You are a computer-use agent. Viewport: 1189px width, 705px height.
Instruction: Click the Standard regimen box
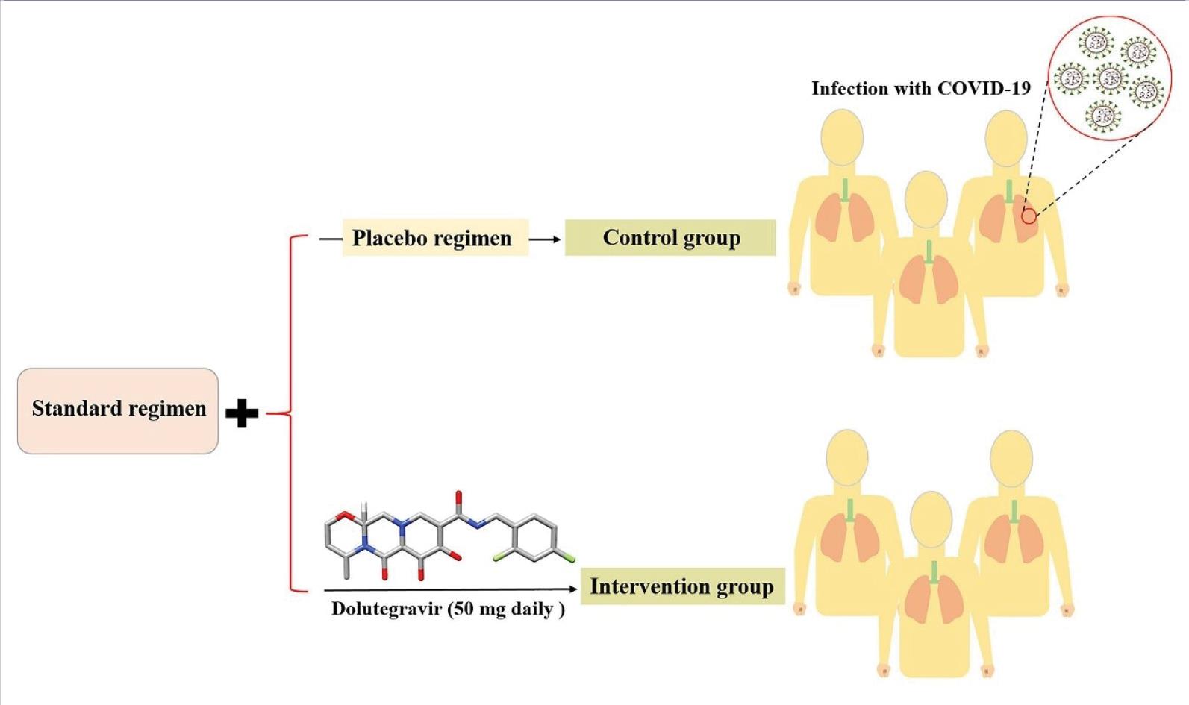point(118,410)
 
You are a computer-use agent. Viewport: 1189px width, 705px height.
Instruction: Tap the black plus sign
point(242,413)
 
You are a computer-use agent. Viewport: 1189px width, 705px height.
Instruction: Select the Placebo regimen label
point(433,238)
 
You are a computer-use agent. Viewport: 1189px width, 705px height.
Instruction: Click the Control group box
point(670,238)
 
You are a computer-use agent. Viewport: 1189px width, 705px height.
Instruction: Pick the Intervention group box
point(682,586)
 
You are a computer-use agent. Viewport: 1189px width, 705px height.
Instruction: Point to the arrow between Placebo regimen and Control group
point(546,239)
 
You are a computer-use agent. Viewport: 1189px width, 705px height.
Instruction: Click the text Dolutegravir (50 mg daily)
point(448,609)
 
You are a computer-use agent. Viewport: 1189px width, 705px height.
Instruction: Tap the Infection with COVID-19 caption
point(920,89)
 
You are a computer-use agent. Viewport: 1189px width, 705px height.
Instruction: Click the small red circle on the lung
point(1029,216)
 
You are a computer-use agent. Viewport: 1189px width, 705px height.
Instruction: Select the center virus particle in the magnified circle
point(1109,78)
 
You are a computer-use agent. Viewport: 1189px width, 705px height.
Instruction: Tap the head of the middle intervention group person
point(931,520)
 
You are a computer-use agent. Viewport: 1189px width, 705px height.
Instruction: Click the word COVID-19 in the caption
point(984,89)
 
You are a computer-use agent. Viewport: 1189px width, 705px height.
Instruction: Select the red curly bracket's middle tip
point(269,413)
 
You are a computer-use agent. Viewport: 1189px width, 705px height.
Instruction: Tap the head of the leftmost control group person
point(842,137)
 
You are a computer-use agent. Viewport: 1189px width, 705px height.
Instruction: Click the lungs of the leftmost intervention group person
point(849,537)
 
